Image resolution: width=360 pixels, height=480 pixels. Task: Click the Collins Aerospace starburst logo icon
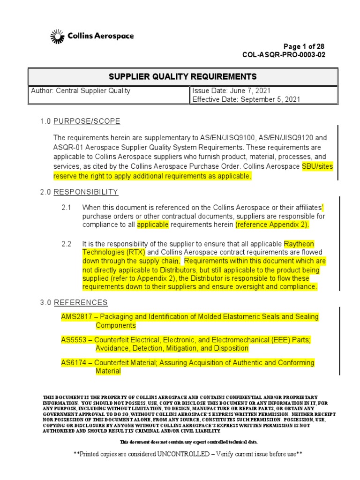coord(56,36)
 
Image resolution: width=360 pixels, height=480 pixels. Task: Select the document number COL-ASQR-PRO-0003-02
coord(284,55)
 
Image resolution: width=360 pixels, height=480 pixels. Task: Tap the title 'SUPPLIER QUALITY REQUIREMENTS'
coord(183,76)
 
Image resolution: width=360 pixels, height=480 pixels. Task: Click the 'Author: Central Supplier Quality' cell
coord(81,91)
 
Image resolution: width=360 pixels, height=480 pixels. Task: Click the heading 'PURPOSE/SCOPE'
coord(87,121)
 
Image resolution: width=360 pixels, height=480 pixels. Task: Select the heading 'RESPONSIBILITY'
coord(86,192)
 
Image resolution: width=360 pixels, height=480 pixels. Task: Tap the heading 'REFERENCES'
coord(81,302)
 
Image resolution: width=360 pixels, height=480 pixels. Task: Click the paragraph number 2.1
coord(66,208)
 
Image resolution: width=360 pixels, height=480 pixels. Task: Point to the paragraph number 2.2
coord(66,244)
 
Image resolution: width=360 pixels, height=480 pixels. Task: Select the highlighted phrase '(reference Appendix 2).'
coord(272,225)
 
